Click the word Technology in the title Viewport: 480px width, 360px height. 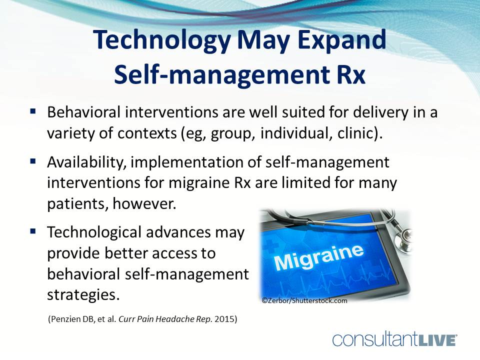(x=162, y=40)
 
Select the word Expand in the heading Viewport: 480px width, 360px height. (x=342, y=40)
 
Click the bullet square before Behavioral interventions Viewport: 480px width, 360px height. (x=33, y=111)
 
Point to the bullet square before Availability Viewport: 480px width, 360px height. (x=33, y=161)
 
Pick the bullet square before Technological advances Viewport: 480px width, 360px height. (x=33, y=231)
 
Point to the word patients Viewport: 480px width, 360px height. (x=78, y=204)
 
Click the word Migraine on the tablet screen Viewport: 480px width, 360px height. (x=319, y=257)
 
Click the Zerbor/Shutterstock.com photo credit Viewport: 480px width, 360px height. (x=304, y=300)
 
